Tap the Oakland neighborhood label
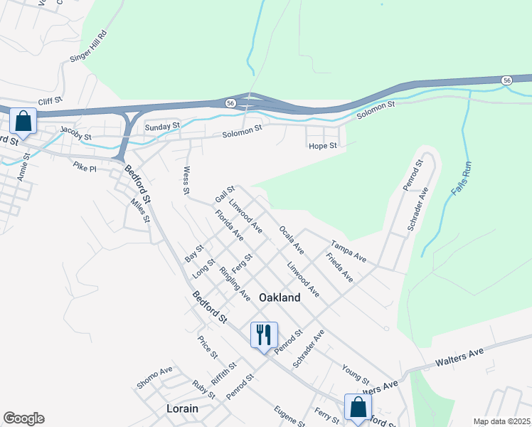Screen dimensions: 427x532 coord(280,298)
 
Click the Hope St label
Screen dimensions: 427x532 coord(322,146)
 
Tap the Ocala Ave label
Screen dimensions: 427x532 coord(292,241)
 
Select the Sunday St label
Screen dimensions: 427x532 coord(163,127)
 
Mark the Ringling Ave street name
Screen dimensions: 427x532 coord(235,283)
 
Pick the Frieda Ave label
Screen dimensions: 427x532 coord(339,267)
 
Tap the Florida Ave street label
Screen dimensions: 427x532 coord(230,226)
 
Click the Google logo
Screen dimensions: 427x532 coord(23,418)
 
